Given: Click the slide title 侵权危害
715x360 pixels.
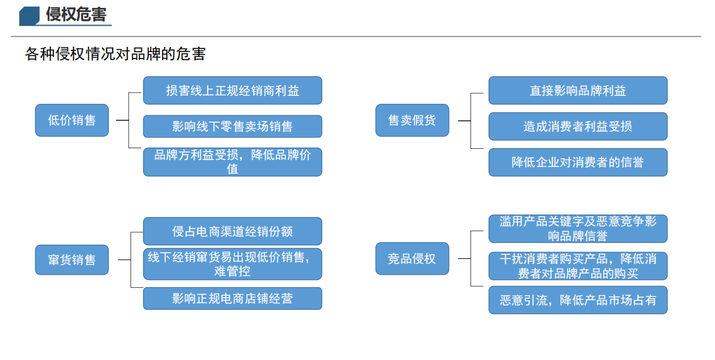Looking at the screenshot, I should point(76,14).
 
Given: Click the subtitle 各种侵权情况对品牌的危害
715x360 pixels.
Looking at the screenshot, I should point(115,55).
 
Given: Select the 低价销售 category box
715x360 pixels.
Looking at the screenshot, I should point(71,120).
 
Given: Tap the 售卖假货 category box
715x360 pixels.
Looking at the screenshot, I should point(412,120).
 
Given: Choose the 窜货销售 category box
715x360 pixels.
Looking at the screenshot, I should point(71,260).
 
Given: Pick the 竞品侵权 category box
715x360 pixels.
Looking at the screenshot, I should point(412,259).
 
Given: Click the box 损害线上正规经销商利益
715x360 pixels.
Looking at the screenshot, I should point(233,91).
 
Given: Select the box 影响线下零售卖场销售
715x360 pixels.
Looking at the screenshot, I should point(233,127).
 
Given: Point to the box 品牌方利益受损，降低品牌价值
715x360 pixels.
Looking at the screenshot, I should point(233,162).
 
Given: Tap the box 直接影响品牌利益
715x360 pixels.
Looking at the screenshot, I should point(578,91).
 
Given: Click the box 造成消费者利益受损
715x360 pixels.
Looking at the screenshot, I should point(578,127).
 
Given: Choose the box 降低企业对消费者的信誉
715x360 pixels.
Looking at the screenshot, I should point(578,162).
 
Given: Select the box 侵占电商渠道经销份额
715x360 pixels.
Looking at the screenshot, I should point(233,231).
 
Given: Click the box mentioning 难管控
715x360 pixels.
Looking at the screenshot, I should point(233,264).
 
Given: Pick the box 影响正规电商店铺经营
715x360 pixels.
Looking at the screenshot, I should point(233,299).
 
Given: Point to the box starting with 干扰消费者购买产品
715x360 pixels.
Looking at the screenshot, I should point(578,266).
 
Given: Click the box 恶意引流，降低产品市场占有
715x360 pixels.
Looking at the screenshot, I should point(578,300).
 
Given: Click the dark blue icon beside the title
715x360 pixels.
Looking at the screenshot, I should point(29,16).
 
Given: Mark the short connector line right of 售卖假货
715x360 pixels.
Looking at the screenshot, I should point(464,121).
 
